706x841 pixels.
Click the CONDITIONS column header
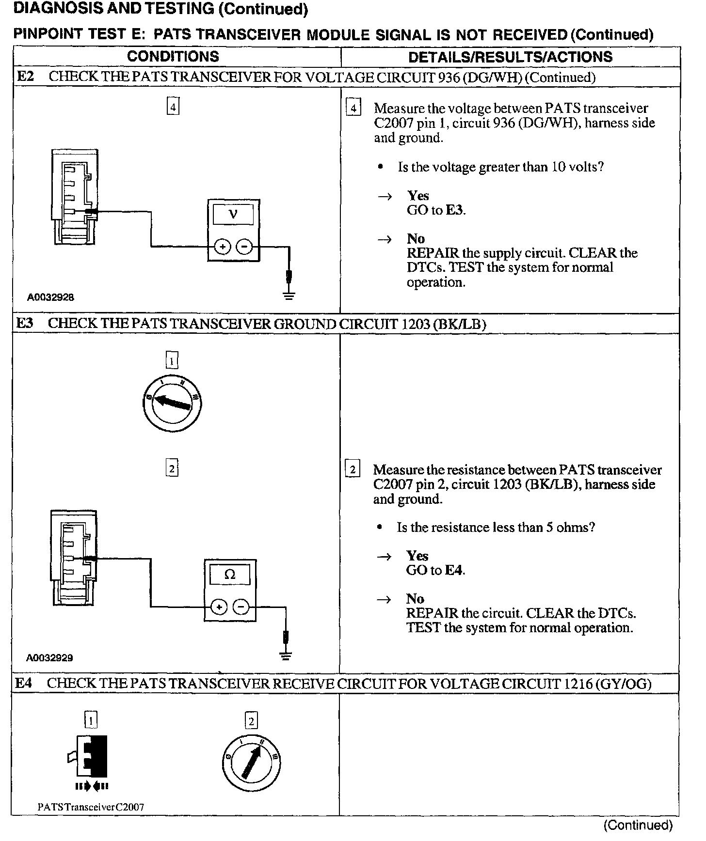(173, 56)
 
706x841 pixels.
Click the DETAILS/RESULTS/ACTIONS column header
(510, 57)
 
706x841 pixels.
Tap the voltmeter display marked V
(233, 214)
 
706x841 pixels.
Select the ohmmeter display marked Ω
(230, 575)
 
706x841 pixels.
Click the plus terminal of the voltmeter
(223, 247)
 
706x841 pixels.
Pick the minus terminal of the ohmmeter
(241, 607)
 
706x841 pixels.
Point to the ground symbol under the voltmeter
(289, 295)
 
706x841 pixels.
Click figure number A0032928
(50, 297)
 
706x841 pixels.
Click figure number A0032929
(49, 658)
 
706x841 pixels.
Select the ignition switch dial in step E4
(251, 763)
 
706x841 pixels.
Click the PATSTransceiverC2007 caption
(91, 807)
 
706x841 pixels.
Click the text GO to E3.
(436, 210)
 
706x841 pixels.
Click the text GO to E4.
(435, 570)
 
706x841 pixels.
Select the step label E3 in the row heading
(25, 323)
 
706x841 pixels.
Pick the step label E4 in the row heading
(24, 683)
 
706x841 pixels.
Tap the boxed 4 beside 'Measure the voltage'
(353, 109)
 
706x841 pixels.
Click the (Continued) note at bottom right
(638, 825)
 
